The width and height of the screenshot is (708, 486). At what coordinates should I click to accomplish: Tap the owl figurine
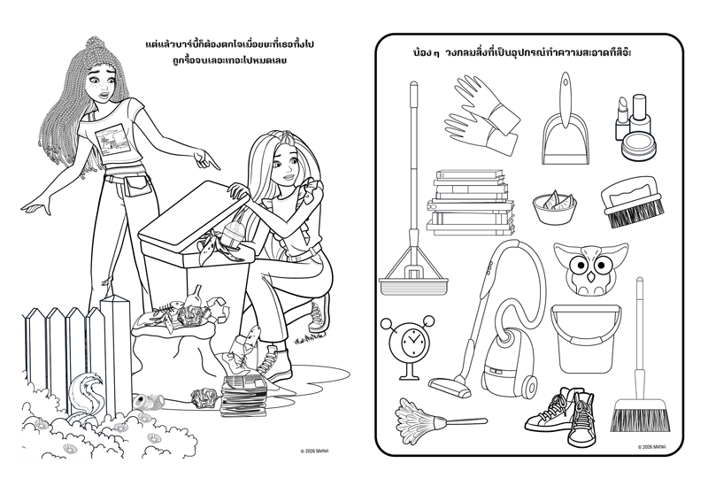[x=590, y=268]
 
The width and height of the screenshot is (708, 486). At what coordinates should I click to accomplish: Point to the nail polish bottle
[x=639, y=114]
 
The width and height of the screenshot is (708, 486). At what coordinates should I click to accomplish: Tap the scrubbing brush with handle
[x=632, y=203]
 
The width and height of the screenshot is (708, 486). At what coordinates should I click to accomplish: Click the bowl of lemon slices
[x=554, y=207]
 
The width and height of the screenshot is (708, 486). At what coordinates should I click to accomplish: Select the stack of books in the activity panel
[x=471, y=203]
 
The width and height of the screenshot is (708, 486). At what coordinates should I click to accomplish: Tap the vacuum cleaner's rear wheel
[x=529, y=386]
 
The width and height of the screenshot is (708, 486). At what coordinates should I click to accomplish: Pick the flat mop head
[x=413, y=285]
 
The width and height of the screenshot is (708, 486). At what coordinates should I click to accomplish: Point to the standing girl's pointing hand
[x=206, y=160]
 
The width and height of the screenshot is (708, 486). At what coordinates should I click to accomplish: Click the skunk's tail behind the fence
[x=83, y=389]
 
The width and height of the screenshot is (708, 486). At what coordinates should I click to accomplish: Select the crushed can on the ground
[x=151, y=400]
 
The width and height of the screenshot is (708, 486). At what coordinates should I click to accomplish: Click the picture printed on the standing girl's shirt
[x=115, y=138]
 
